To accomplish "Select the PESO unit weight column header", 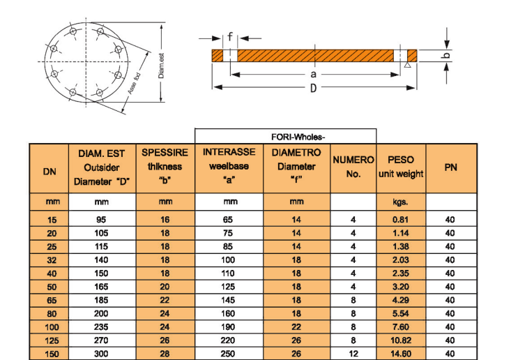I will [401, 167].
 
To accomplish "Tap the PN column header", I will [450, 167].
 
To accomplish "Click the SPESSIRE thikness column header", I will [165, 167].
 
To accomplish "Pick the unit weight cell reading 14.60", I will [401, 354].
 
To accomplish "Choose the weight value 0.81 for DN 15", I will [401, 220].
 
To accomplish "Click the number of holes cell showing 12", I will [353, 354].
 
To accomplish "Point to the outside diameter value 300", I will [102, 354].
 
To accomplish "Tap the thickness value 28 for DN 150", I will [165, 354].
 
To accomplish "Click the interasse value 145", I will [228, 300].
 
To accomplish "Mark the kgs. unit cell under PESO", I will [401, 202].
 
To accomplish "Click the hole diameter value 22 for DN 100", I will [296, 327].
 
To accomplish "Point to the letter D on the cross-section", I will [314, 87].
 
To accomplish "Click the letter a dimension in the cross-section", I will [314, 73].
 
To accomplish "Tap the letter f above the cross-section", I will [229, 38].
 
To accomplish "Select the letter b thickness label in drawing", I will [448, 55].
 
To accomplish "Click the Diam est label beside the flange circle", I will [160, 66].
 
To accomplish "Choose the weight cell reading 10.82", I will [401, 340].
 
